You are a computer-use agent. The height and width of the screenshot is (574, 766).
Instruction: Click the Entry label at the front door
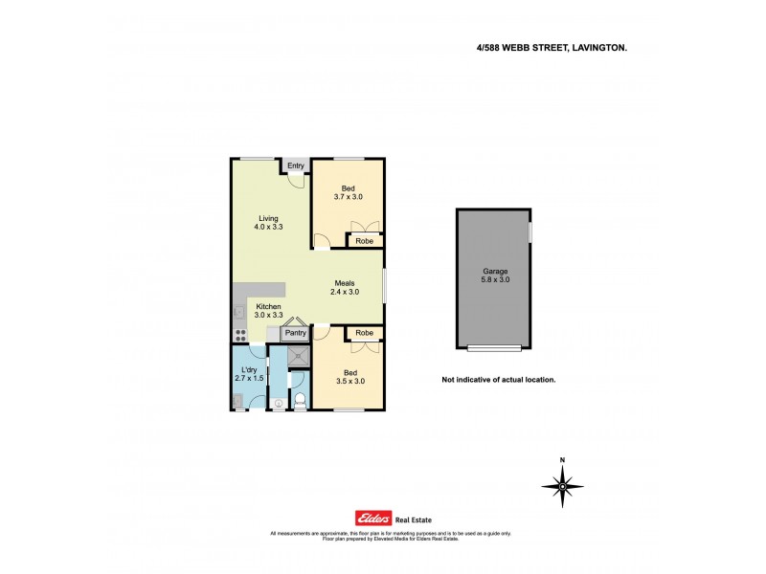(x=296, y=166)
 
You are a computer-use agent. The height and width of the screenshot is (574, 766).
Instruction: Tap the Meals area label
(x=346, y=282)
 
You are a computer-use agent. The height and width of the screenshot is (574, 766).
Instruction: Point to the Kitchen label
(x=268, y=305)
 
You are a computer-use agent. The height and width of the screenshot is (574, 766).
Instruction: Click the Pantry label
(x=295, y=333)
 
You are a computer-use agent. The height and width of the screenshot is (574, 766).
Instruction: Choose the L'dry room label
(x=249, y=369)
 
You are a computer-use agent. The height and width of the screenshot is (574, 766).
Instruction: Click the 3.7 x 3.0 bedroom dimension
(x=349, y=197)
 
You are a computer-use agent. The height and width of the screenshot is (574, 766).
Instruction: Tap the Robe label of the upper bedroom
(x=364, y=241)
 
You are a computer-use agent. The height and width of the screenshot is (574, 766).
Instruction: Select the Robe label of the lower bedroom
(x=364, y=333)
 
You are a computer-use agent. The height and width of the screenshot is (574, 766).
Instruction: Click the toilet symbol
(x=299, y=401)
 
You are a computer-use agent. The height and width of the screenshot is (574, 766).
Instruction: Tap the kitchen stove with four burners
(x=240, y=335)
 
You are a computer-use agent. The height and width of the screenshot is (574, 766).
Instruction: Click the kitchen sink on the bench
(x=239, y=311)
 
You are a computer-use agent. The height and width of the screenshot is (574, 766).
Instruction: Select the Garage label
(x=494, y=271)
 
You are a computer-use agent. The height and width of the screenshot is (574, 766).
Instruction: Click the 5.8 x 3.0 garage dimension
(x=495, y=279)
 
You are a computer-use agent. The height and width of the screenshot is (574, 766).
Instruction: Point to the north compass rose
(x=562, y=486)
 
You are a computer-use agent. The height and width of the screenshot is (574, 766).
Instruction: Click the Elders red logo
(x=374, y=517)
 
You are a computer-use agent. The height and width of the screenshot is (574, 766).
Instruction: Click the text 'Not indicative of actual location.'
(x=498, y=379)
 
